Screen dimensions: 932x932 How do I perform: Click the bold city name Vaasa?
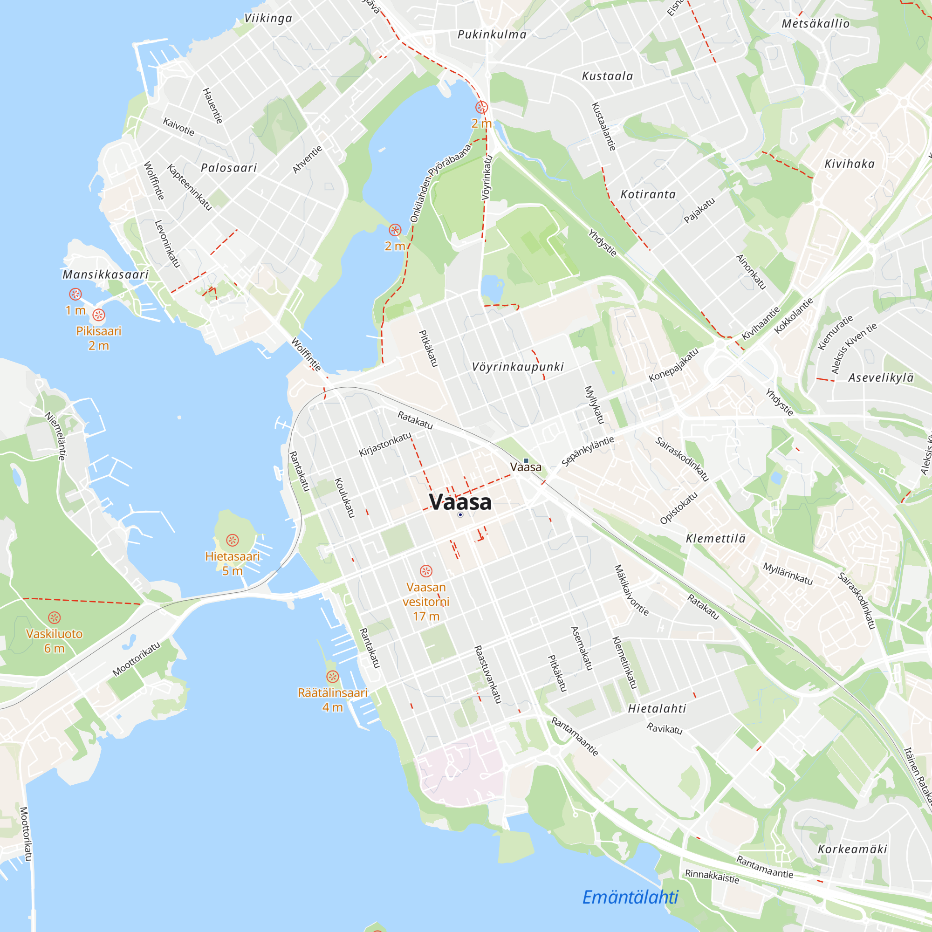point(460,502)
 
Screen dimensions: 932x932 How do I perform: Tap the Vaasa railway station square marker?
point(526,461)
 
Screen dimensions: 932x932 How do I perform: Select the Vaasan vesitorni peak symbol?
point(425,571)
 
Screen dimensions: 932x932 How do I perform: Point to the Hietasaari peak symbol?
point(233,540)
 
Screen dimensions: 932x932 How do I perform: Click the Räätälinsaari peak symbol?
point(332,676)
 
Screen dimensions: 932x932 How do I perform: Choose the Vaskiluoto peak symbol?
point(55,617)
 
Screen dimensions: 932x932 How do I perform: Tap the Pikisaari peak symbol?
point(98,315)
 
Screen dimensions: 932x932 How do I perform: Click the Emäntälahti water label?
point(630,897)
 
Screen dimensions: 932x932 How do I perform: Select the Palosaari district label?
point(229,168)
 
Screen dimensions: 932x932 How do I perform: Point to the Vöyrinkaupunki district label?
point(518,367)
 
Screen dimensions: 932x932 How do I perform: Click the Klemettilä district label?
point(715,538)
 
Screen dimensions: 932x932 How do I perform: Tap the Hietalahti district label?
point(657,708)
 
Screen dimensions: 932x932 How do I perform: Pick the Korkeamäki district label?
point(852,849)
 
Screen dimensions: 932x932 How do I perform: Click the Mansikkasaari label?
point(106,274)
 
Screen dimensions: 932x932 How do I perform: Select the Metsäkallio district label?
point(815,24)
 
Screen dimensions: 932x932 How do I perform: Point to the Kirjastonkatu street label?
point(385,444)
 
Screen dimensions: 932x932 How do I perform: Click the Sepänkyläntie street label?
point(588,451)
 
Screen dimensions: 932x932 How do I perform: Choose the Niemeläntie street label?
point(55,436)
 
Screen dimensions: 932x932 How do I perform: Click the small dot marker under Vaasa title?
point(460,515)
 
